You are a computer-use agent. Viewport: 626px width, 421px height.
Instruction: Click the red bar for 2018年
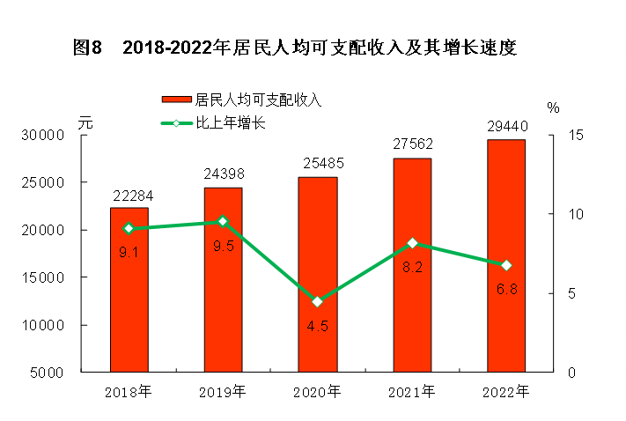coord(129,290)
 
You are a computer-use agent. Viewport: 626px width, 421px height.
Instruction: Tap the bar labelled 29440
coord(505,255)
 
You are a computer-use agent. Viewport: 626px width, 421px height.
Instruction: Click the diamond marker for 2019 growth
coord(223,221)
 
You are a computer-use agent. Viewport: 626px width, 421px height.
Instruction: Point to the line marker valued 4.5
coord(317,301)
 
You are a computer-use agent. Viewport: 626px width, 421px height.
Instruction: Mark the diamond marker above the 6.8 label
coord(505,265)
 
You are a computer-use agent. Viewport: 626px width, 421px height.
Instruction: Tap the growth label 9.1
coord(129,251)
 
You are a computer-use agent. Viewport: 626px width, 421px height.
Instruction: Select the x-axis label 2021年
coord(411,390)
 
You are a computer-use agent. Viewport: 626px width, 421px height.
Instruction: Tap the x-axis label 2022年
coord(505,390)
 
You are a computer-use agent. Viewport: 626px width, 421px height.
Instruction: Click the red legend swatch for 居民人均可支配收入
coord(176,100)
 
